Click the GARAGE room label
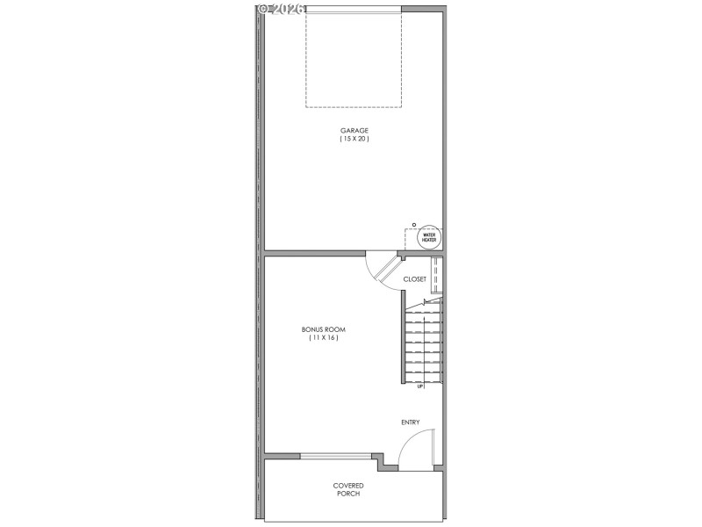click(355, 130)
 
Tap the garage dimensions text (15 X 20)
click(355, 139)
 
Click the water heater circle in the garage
click(429, 236)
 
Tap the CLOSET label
click(414, 279)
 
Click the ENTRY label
click(411, 422)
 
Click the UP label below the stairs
click(420, 386)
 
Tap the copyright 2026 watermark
click(281, 8)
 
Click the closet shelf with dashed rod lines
click(436, 275)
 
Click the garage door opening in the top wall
click(354, 9)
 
